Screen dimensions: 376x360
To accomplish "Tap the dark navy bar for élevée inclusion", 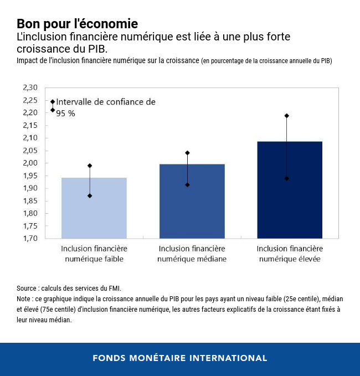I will [x=290, y=210].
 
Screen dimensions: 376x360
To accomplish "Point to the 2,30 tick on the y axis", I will [x=30, y=87].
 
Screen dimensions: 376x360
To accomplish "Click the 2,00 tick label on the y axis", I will [x=30, y=163].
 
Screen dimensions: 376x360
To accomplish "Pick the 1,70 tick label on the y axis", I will [x=30, y=238].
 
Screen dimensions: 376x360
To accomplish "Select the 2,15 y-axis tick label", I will [x=30, y=125].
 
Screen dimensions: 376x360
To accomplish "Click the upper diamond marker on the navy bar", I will [x=287, y=116].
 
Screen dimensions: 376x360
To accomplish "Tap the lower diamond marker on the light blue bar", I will [x=90, y=195].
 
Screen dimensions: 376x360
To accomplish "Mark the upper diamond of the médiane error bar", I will [x=188, y=153].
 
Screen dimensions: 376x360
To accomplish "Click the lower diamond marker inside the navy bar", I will [x=287, y=178].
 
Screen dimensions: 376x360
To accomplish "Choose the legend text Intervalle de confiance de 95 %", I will [x=105, y=107].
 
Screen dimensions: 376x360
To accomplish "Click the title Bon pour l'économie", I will [x=77, y=24].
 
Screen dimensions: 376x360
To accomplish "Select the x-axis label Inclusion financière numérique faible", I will [x=94, y=254].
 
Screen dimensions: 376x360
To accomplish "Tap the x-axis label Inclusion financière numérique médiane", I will [x=192, y=254].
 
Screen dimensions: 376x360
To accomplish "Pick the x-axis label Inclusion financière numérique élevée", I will [x=290, y=254].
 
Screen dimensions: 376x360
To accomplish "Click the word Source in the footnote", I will [x=27, y=289].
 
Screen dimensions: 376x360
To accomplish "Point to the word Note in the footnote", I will [x=24, y=299].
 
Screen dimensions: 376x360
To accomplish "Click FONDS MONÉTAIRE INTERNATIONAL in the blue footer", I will [x=180, y=358].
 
